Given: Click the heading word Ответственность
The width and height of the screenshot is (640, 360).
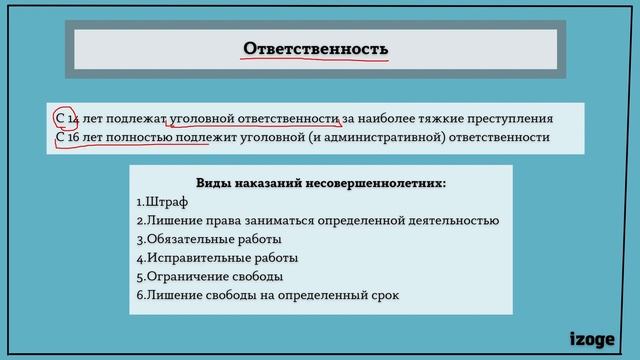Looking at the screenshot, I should pyautogui.click(x=316, y=48).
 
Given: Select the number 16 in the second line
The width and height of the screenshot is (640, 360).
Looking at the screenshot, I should pyautogui.click(x=72, y=138).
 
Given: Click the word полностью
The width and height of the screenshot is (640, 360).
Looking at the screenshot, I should pyautogui.click(x=135, y=138).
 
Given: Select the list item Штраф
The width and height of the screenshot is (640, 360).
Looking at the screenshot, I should pyautogui.click(x=166, y=202).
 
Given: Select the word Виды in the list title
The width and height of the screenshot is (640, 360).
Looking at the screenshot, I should pyautogui.click(x=213, y=183).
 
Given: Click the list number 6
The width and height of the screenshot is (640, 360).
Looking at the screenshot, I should pyautogui.click(x=139, y=294).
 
